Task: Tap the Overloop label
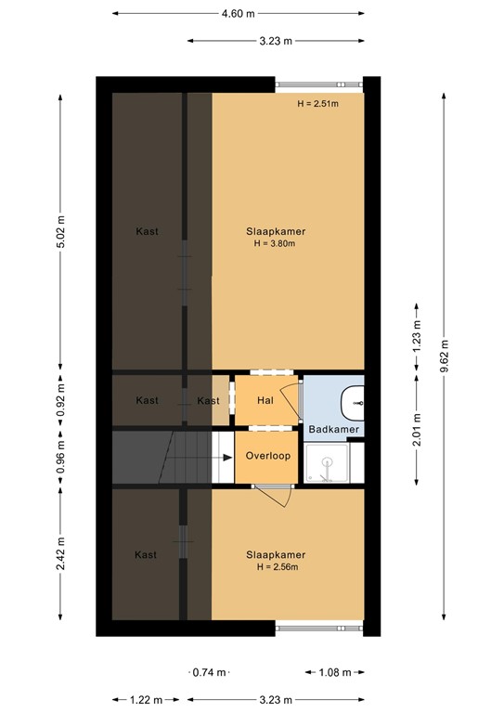pos(268,457)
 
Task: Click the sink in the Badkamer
pos(355,401)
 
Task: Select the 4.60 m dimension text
pos(239,14)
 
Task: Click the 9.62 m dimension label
pos(446,357)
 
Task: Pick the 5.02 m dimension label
pos(61,227)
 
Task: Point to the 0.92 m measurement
pos(61,401)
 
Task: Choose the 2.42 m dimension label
pos(61,553)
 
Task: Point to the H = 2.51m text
pos(317,104)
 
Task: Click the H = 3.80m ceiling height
pos(275,244)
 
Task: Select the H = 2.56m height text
pos(275,566)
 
